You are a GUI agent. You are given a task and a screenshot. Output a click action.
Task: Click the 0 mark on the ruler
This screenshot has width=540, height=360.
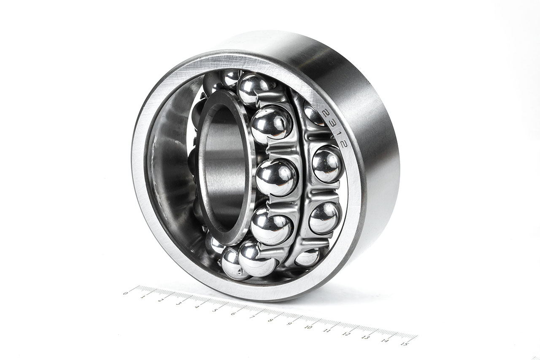point(125,292)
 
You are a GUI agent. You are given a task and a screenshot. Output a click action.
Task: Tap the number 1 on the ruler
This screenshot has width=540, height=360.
point(143,296)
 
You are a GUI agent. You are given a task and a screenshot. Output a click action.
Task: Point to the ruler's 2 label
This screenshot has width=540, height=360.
point(161,300)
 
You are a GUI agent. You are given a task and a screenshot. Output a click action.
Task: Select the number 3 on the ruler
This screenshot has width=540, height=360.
point(179,304)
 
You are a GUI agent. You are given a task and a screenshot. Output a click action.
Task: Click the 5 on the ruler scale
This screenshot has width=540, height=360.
point(215,311)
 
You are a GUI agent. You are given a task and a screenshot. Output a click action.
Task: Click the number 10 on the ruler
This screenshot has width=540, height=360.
point(308,327)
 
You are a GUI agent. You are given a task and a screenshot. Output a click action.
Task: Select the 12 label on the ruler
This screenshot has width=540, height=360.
point(346,334)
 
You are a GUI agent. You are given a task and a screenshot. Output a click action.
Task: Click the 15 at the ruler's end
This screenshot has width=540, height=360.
point(405,344)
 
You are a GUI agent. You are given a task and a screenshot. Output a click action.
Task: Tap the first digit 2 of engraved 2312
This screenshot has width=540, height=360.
point(325,113)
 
